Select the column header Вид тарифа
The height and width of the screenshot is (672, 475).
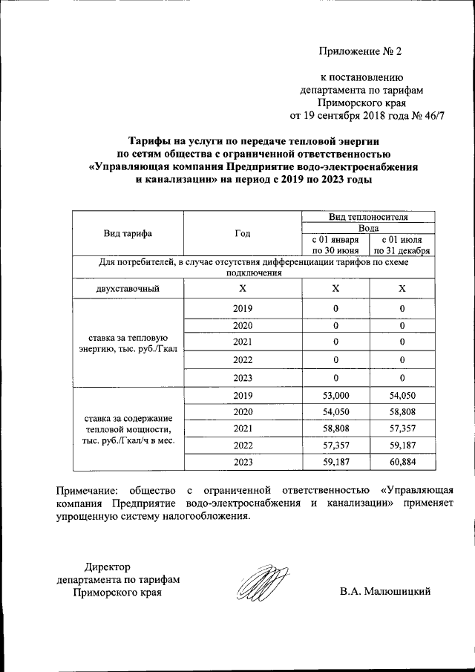coord(128,233)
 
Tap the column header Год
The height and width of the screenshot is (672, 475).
coord(242,233)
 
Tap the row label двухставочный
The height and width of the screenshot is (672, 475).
coord(128,288)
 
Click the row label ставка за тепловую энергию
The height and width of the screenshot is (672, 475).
coord(128,342)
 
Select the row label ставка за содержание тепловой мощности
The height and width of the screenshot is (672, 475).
coord(128,429)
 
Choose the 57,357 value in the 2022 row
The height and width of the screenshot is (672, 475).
coord(335,446)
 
